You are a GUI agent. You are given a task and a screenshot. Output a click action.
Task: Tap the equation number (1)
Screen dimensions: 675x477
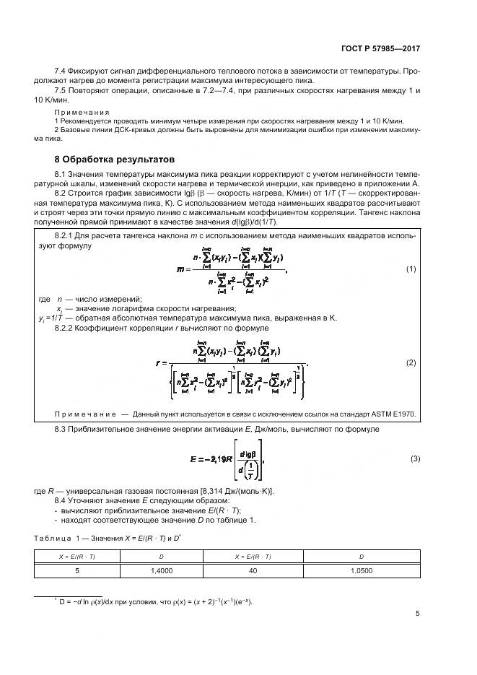pyautogui.click(x=411, y=269)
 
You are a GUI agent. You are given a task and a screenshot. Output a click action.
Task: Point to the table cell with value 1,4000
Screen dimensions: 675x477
pyautogui.click(x=162, y=570)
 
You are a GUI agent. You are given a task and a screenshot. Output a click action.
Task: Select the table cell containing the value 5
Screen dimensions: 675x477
pyautogui.click(x=77, y=570)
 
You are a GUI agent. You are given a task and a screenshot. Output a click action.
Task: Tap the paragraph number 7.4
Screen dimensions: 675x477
pyautogui.click(x=61, y=71)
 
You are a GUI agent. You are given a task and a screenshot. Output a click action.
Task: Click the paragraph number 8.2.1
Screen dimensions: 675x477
pyautogui.click(x=66, y=236)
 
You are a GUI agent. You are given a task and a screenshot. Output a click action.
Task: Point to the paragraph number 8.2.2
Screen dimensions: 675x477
pyautogui.click(x=66, y=328)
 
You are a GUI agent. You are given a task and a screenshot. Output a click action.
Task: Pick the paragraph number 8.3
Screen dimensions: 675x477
pyautogui.click(x=61, y=430)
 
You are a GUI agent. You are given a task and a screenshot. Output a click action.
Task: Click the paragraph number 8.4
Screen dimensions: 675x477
pyautogui.click(x=61, y=500)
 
